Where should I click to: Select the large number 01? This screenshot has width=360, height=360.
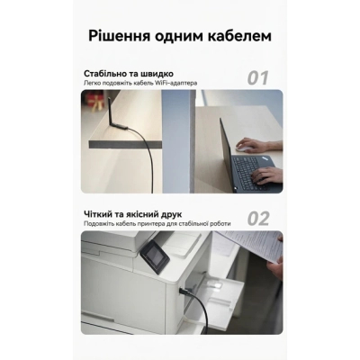click(x=257, y=77)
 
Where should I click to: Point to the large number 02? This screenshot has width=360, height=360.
click(x=258, y=219)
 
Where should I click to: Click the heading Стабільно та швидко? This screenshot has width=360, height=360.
click(x=129, y=74)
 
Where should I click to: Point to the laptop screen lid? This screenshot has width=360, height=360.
click(x=226, y=150)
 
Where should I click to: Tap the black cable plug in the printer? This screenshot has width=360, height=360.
click(x=184, y=292)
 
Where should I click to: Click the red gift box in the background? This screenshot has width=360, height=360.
click(x=94, y=101)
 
